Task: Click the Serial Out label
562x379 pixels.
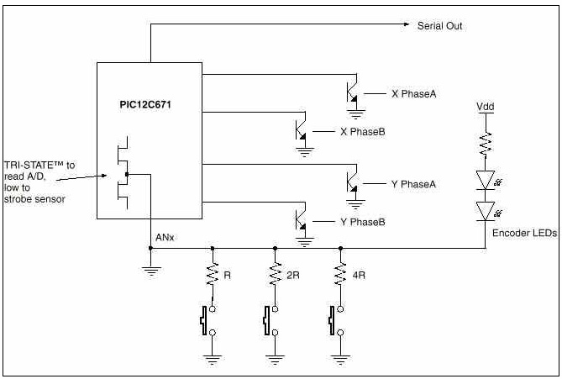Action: (439, 26)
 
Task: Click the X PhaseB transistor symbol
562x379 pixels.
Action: (301, 129)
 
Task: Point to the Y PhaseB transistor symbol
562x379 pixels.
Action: (301, 220)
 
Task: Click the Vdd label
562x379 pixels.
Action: (486, 107)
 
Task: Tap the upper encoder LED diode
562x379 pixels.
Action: (486, 178)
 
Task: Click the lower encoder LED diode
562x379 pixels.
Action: (486, 210)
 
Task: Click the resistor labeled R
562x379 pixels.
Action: (212, 274)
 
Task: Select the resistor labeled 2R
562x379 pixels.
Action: (276, 274)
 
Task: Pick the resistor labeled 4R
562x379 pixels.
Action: (339, 274)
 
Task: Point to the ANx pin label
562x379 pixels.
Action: (164, 239)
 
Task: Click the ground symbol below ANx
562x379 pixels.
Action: (151, 269)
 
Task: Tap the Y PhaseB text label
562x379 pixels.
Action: (363, 222)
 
